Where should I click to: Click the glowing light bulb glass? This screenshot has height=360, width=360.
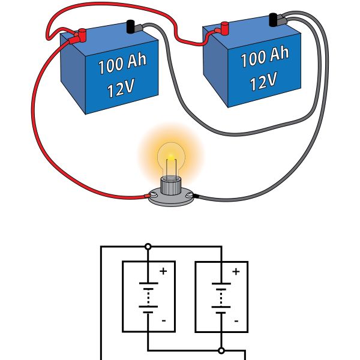coord(170,157)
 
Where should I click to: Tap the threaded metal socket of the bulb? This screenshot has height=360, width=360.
coord(170,187)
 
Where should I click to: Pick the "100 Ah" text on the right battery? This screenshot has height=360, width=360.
coord(265,57)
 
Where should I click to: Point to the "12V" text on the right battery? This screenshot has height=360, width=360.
coord(262,80)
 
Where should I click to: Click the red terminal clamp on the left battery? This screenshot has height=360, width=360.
coord(76,36)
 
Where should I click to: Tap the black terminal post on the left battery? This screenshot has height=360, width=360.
coord(130,26)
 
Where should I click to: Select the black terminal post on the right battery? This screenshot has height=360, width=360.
coord(275,20)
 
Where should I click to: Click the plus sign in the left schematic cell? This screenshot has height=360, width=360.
coord(163,272)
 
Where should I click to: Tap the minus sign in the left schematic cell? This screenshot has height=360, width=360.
coord(163,320)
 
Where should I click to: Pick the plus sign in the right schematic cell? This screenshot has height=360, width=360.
coord(236,272)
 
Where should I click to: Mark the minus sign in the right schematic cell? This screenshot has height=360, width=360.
coord(236,320)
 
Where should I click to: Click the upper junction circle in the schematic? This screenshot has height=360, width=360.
coord(148,247)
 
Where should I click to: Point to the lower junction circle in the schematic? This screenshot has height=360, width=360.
coord(221,350)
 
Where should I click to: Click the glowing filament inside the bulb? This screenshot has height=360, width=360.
coord(170,159)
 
